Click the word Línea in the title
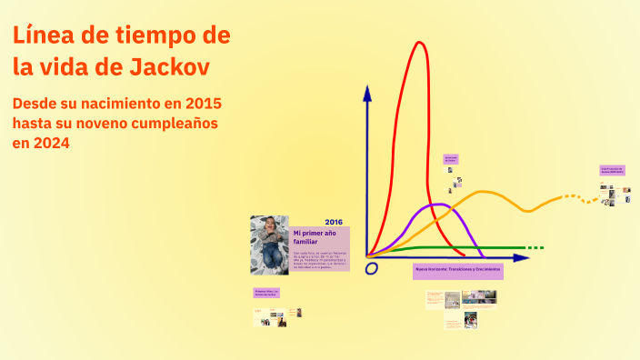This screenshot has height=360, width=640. [44, 35]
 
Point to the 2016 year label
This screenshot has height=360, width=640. [334, 222]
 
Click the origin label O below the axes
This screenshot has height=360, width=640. [371, 268]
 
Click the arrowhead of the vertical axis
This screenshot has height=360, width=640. [367, 92]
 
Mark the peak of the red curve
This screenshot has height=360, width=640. [419, 44]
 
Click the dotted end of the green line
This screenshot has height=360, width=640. [535, 247]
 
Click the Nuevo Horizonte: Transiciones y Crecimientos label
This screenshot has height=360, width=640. [457, 271]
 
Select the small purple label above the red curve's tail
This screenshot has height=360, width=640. [450, 158]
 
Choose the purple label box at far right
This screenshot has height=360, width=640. [615, 170]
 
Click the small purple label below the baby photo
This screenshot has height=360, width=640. [266, 293]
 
